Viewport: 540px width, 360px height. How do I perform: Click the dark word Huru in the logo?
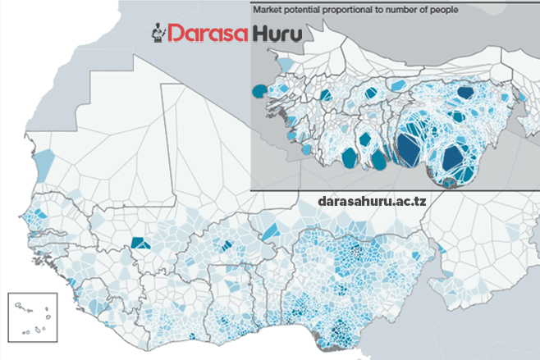point(276,34)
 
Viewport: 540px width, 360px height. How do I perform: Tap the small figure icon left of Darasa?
point(159,34)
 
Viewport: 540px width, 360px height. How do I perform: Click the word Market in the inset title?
point(271,11)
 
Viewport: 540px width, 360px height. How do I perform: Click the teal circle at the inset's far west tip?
point(260,91)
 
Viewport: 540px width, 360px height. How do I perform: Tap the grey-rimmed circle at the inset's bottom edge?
point(446,183)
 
